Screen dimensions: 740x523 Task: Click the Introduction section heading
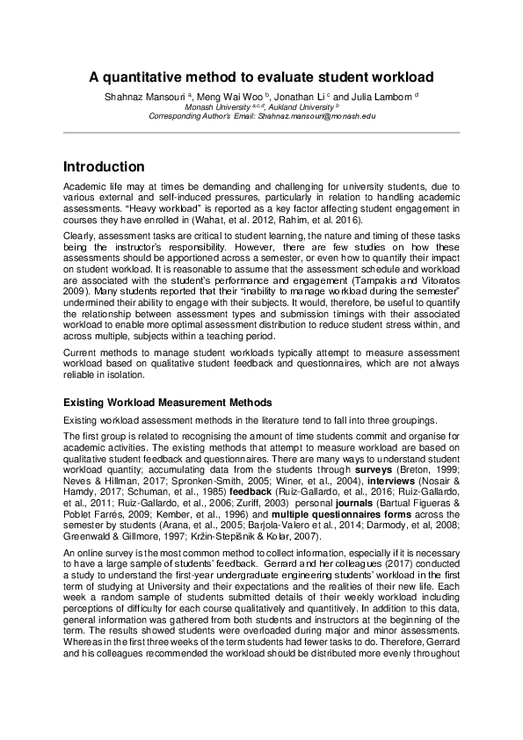(x=104, y=167)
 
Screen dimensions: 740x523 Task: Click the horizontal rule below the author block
(x=261, y=134)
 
